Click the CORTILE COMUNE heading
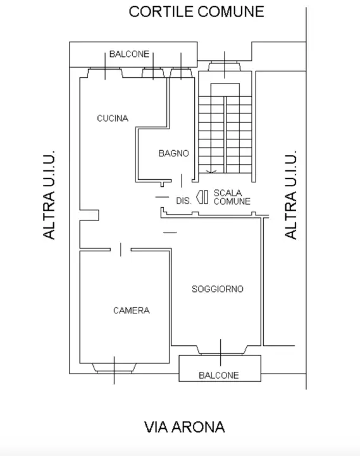click(x=196, y=11)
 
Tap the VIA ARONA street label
click(x=184, y=427)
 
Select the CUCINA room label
click(x=113, y=118)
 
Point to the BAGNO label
click(x=173, y=153)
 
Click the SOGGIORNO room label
click(x=218, y=289)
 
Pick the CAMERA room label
click(x=131, y=310)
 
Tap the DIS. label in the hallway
click(x=183, y=200)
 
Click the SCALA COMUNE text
click(x=232, y=197)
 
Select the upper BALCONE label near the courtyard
click(x=129, y=54)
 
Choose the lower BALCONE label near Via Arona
click(x=219, y=375)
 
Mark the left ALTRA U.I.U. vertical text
click(x=49, y=194)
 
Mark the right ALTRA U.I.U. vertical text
click(x=291, y=194)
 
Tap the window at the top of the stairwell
click(x=223, y=65)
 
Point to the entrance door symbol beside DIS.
click(x=202, y=198)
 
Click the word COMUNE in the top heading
click(x=230, y=11)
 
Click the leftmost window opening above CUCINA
click(x=105, y=73)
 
